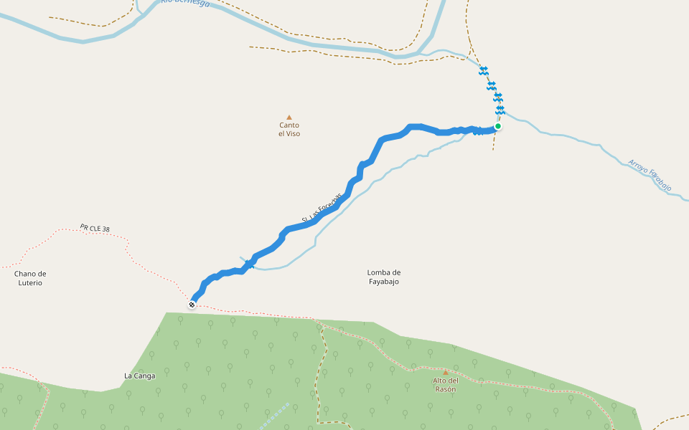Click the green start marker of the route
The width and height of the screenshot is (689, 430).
click(497, 126)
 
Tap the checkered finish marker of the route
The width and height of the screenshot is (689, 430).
click(192, 305)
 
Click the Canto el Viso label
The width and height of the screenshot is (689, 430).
click(289, 129)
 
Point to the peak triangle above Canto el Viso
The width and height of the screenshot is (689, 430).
click(289, 117)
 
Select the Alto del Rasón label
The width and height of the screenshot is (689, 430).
click(445, 384)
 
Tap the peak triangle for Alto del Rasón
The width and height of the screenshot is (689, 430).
click(445, 372)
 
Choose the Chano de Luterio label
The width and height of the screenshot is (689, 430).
click(29, 278)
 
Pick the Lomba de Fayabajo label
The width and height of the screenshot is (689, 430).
click(383, 277)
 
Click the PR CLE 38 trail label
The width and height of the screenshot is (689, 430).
click(95, 229)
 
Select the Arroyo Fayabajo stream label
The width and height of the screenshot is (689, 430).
click(650, 176)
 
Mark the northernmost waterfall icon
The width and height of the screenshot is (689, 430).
click(484, 70)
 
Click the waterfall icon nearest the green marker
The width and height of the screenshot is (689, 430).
click(500, 110)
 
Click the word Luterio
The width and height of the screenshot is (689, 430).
click(29, 283)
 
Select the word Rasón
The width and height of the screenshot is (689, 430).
click(445, 389)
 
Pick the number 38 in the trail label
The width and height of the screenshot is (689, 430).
click(106, 230)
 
